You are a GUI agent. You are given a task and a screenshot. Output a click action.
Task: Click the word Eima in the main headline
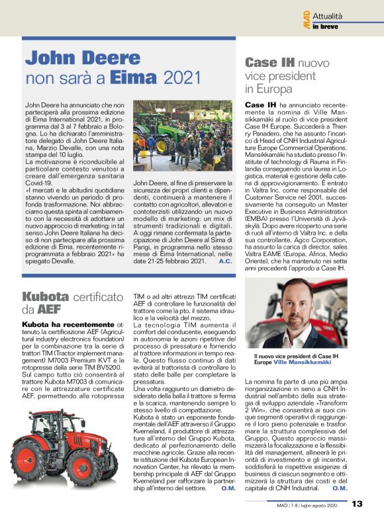(x=134, y=77)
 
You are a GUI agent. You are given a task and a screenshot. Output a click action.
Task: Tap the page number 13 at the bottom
(x=357, y=503)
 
